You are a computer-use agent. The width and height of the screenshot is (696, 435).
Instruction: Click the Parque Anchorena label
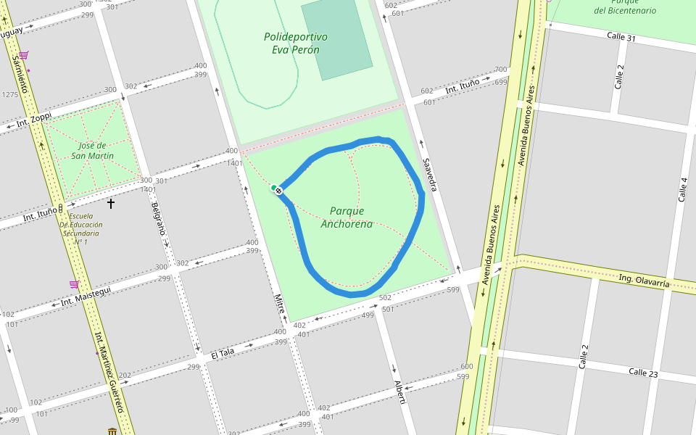click(347, 217)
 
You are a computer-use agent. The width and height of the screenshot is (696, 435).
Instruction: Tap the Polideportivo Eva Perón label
click(295, 43)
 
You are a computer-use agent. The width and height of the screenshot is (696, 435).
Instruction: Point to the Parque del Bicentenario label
click(624, 6)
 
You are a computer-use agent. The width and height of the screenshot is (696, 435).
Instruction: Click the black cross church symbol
click(111, 204)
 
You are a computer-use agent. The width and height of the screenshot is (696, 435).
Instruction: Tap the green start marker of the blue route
click(274, 188)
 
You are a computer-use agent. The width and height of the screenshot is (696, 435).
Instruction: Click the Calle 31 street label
click(621, 37)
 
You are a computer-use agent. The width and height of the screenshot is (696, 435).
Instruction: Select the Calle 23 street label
click(643, 373)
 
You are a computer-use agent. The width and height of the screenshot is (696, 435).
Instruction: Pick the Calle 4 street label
click(682, 189)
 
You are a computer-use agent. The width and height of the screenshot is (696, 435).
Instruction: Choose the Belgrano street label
click(159, 220)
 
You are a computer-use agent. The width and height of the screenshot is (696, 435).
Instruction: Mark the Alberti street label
click(398, 392)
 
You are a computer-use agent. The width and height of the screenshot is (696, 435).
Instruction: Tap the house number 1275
click(10, 95)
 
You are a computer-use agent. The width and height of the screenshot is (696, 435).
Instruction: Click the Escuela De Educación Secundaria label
click(80, 228)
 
